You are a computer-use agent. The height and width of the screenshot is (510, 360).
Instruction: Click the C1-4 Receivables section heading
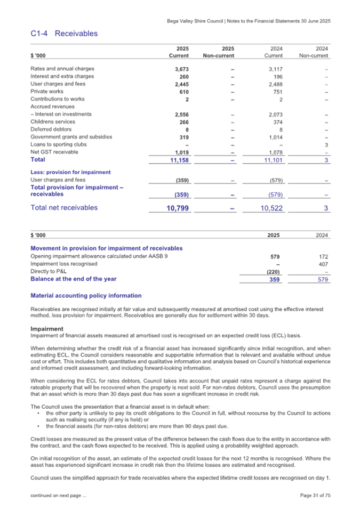point(64,34)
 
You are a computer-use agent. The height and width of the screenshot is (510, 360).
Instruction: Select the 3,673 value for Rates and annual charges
point(175,69)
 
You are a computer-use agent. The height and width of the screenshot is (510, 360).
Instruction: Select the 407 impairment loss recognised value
point(322,264)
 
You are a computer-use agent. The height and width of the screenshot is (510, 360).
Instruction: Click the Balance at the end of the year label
point(74,279)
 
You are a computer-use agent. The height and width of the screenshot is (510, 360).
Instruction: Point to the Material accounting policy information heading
point(86,295)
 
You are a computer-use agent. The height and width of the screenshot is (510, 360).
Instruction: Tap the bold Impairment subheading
point(47,329)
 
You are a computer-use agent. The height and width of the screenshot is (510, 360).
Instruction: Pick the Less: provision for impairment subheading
point(70,172)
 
